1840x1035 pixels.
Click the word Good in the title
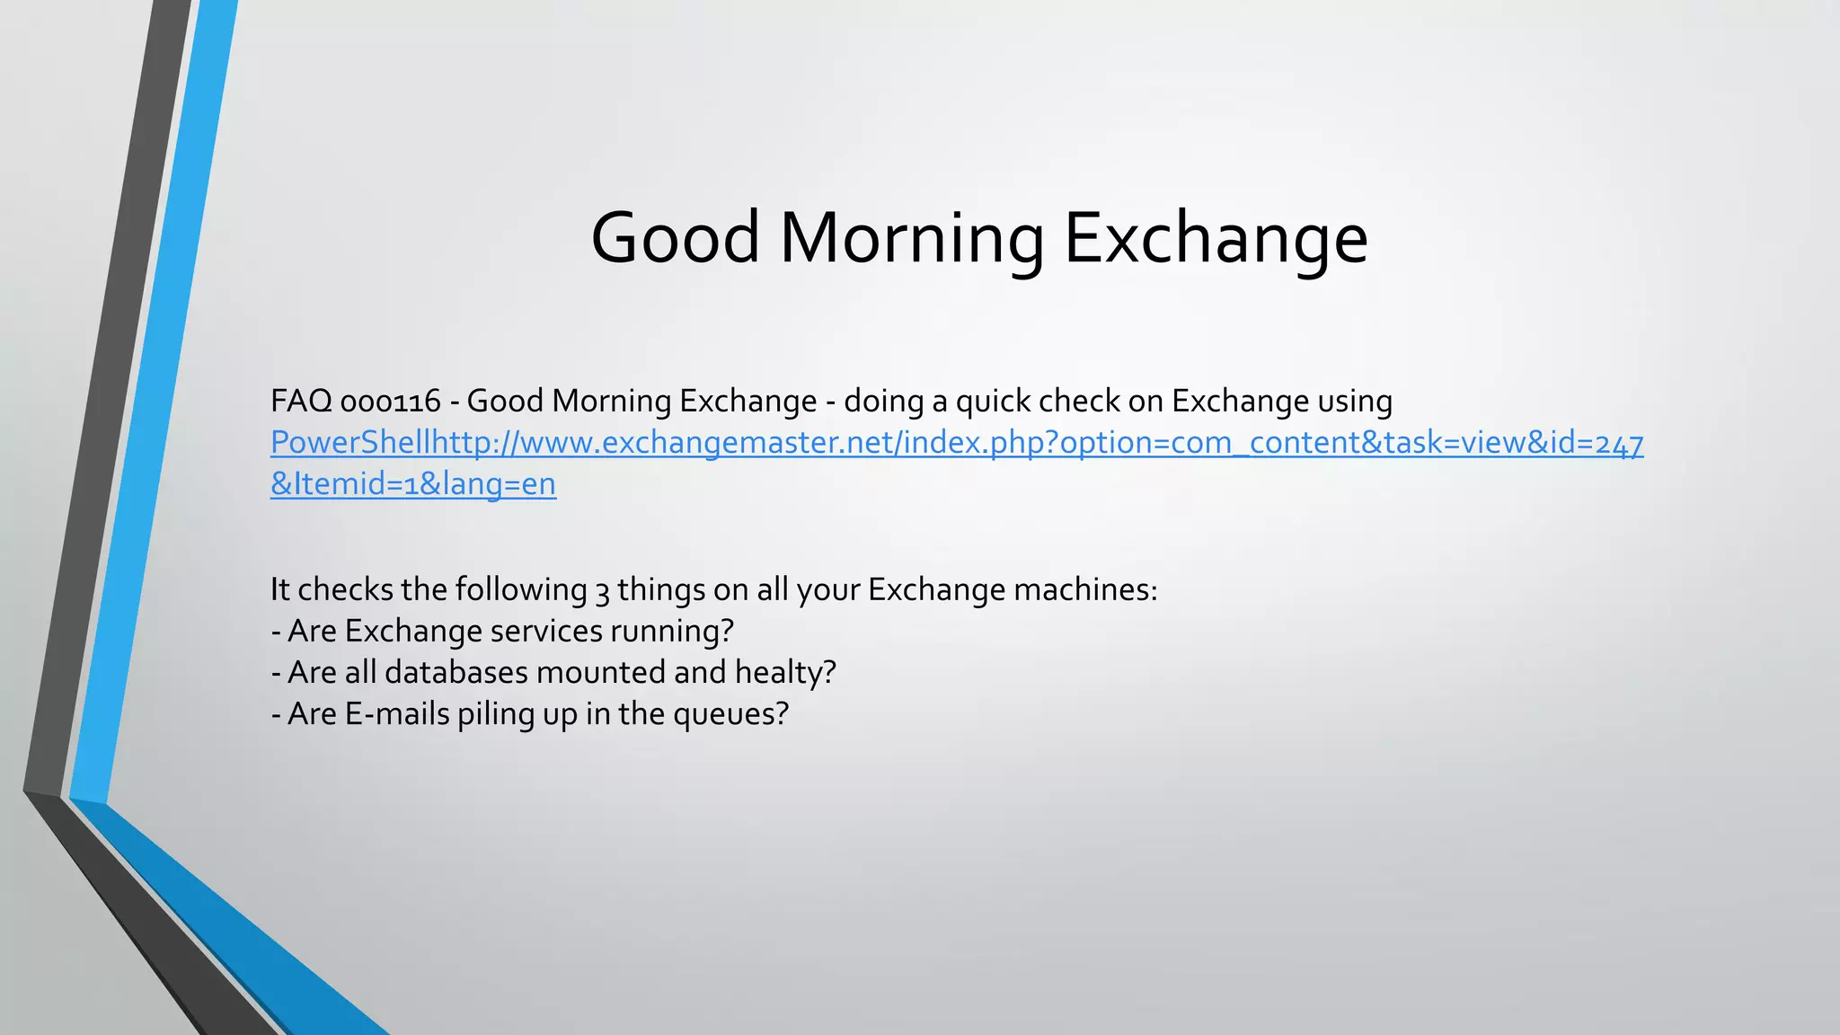click(676, 238)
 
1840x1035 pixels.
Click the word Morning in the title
click(912, 238)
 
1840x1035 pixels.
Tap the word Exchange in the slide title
click(1216, 238)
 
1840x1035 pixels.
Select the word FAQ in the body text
click(301, 401)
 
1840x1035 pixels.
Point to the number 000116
click(391, 401)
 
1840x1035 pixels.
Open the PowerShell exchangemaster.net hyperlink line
click(957, 443)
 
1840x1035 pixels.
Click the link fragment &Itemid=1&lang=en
click(413, 484)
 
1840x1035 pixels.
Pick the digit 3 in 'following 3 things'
click(602, 590)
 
